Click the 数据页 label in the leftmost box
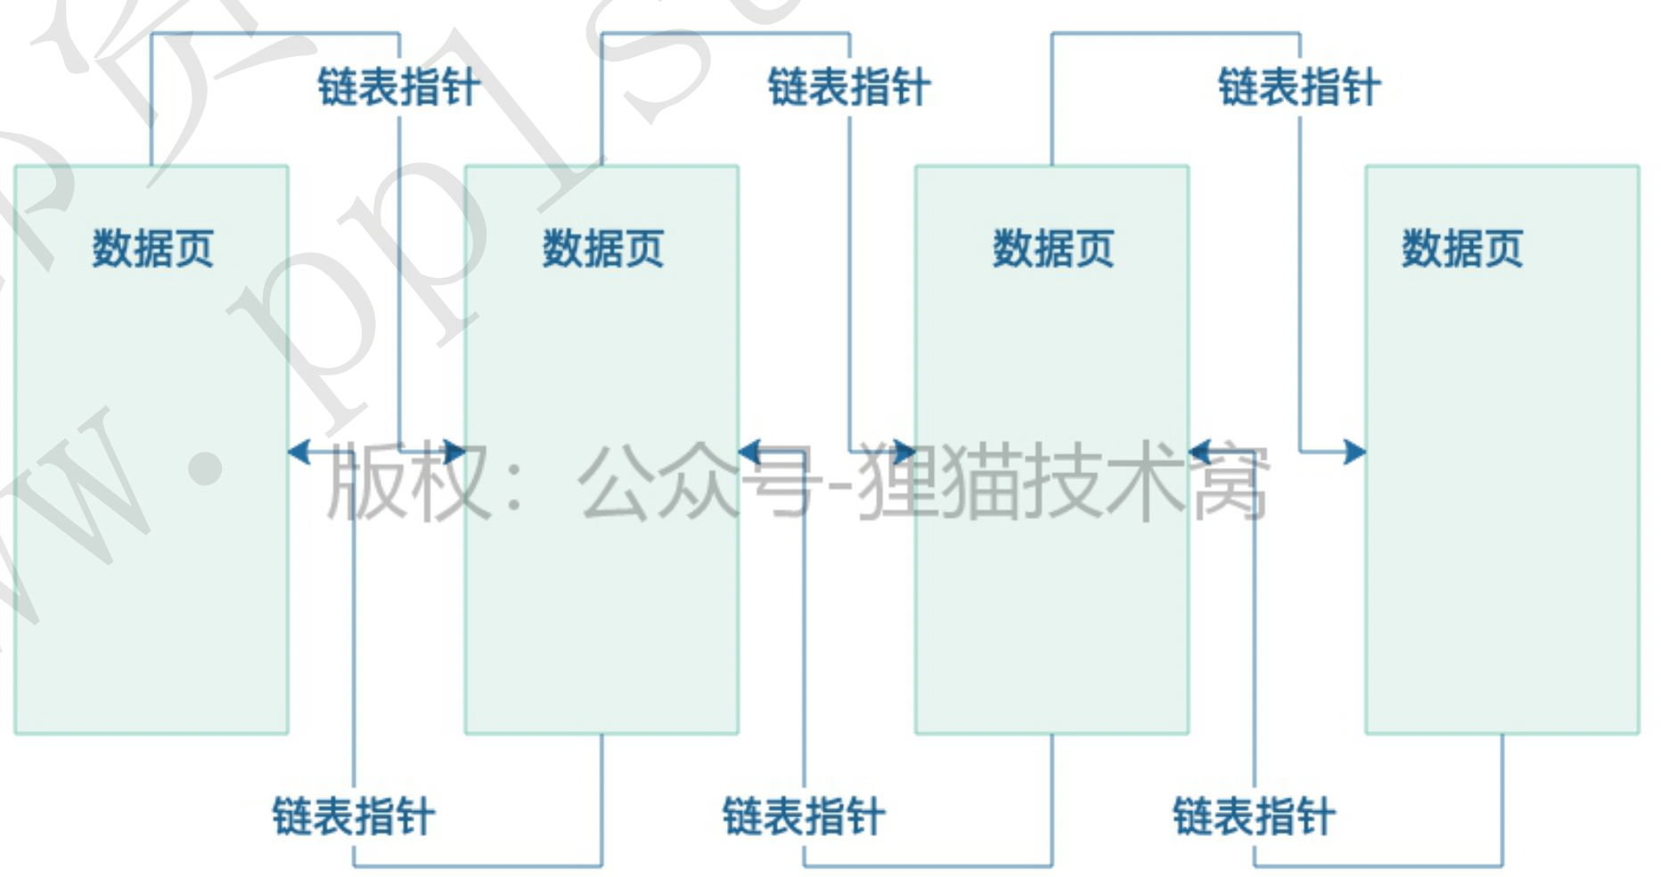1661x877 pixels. [153, 248]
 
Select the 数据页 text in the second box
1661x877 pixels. [603, 248]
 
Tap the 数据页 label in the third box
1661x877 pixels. [1053, 248]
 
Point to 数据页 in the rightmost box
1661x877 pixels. [1462, 248]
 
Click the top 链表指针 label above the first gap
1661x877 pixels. [399, 87]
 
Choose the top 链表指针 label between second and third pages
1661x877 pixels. [849, 87]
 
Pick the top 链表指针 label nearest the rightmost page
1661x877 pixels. [1299, 87]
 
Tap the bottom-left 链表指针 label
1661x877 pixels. [354, 816]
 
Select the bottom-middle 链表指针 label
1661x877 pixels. [804, 816]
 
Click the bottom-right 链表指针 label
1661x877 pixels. [1254, 816]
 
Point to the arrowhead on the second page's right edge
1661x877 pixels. [749, 452]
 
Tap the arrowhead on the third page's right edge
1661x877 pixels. [1199, 452]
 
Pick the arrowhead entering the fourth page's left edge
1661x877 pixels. [1354, 452]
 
